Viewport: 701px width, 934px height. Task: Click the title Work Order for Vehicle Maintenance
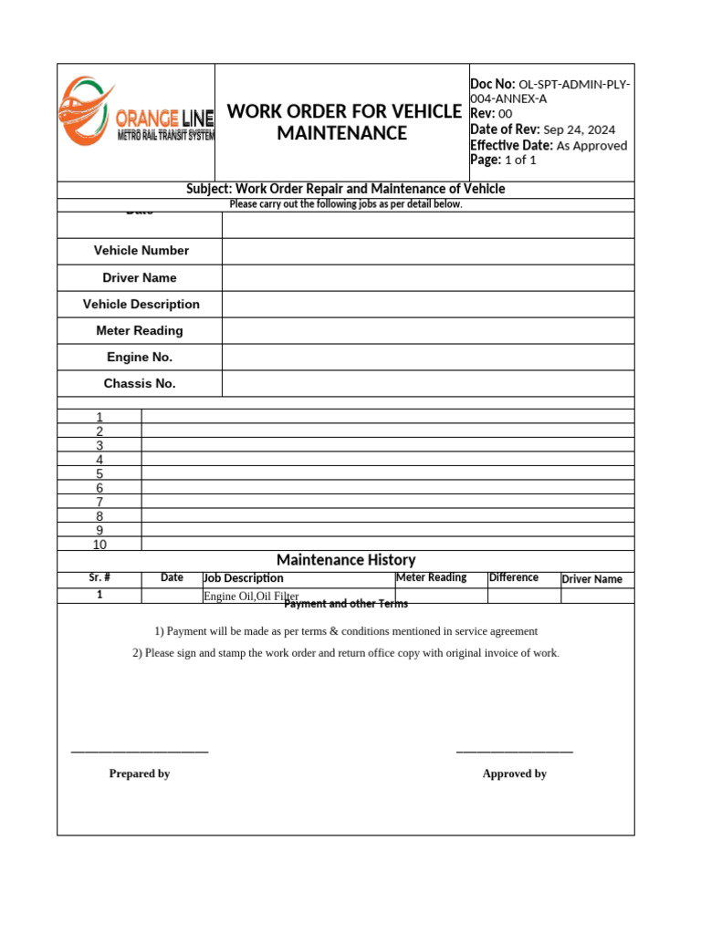tap(343, 122)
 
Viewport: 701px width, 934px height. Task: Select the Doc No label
tap(492, 84)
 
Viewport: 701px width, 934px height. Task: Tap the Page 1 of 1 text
tap(503, 160)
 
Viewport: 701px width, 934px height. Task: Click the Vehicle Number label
tap(141, 251)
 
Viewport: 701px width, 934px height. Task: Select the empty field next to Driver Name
tap(427, 278)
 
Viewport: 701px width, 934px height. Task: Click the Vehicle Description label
tap(141, 305)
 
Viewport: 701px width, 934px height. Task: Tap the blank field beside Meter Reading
tap(427, 331)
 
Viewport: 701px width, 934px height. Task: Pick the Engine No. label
tap(140, 358)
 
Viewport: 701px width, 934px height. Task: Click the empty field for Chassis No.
tap(427, 384)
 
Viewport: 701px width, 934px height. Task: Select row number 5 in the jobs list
tap(99, 474)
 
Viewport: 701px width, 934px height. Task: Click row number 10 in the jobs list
tap(99, 545)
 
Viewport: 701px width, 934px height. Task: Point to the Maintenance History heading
tap(346, 560)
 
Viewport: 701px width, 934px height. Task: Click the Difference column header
tap(514, 577)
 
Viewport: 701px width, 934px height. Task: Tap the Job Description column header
tap(244, 578)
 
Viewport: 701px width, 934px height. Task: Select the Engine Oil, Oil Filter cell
tap(250, 596)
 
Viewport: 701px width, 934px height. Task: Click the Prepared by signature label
tap(140, 773)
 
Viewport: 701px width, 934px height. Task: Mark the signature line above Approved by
tap(514, 752)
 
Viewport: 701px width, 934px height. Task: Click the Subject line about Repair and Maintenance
tap(346, 189)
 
